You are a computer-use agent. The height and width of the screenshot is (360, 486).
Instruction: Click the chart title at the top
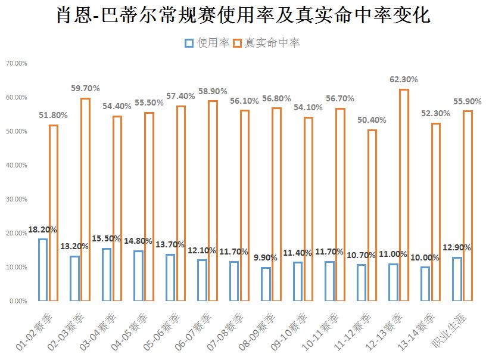click(x=242, y=15)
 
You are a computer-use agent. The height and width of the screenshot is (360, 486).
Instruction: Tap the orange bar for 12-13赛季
click(x=404, y=195)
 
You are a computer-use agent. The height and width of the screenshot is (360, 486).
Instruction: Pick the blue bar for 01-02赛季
click(x=43, y=269)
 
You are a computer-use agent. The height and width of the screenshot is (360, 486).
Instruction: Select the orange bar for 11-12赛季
click(x=372, y=215)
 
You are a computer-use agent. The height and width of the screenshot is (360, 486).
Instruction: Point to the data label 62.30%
click(x=403, y=79)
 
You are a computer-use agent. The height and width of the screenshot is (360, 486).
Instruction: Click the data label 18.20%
click(x=43, y=229)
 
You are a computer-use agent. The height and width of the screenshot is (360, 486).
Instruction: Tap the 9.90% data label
click(x=266, y=257)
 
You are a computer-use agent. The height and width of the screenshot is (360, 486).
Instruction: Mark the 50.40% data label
click(x=372, y=120)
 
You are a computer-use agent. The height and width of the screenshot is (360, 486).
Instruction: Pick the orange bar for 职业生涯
click(x=468, y=206)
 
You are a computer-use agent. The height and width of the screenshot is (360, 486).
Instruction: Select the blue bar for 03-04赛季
click(x=107, y=274)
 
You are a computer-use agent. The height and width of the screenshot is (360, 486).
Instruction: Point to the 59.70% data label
click(x=85, y=88)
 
